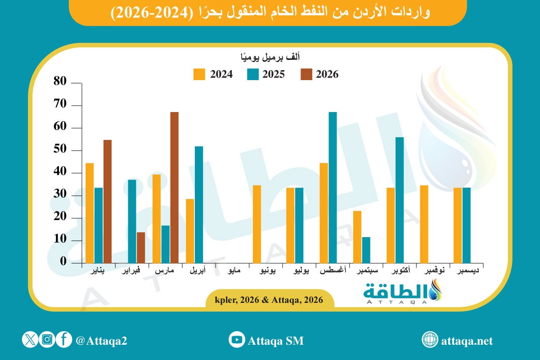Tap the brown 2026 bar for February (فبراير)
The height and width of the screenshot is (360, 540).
pos(141,247)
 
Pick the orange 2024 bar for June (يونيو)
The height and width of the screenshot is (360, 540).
pos(257,224)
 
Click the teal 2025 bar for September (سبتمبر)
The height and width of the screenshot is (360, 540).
pos(366,250)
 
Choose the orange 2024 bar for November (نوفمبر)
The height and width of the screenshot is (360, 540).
pos(424,224)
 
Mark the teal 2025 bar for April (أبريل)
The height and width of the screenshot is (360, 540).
pos(199,204)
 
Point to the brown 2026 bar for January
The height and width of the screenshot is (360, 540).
pos(108,201)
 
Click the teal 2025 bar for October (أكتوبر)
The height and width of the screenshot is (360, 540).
pos(400,200)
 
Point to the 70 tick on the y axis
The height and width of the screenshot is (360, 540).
pos(60,105)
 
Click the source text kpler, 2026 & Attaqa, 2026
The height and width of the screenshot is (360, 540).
pos(270,300)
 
